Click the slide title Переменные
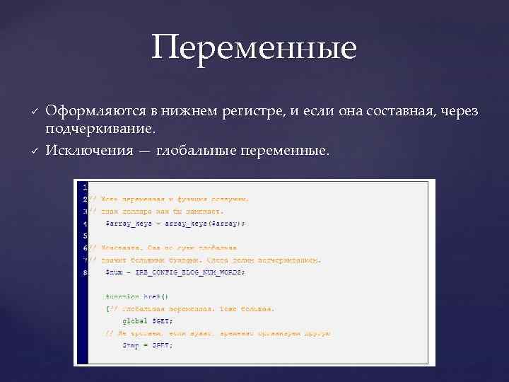point(254,48)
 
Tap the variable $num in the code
point(114,271)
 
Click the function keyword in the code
point(123,296)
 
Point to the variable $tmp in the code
point(131,345)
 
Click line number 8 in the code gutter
point(84,271)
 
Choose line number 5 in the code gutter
point(84,235)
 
